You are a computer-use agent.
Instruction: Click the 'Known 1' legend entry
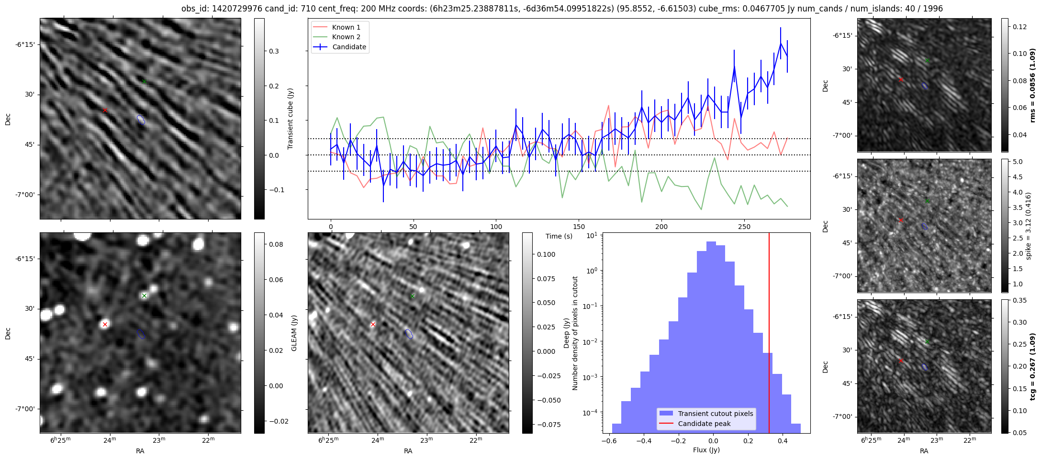coord(346,27)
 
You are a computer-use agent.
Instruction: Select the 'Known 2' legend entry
coord(346,37)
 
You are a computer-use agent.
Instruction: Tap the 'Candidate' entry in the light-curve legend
coord(349,47)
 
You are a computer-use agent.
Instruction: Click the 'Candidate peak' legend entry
coord(704,424)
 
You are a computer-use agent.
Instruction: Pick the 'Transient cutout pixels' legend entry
coord(715,414)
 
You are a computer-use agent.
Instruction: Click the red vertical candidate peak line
coord(769,335)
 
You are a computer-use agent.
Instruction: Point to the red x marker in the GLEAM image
coord(105,324)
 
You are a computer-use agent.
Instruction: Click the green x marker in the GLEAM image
coord(144,295)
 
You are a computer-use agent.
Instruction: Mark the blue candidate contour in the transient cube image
coord(141,120)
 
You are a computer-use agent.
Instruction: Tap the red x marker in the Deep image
coord(373,324)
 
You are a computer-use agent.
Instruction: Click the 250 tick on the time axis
coord(744,227)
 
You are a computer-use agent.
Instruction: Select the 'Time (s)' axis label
coord(559,236)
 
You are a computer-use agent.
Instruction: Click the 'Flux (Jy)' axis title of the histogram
coord(706,450)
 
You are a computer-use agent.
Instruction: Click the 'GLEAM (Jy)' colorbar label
coord(294,333)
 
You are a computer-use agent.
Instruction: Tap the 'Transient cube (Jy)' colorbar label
coord(291,119)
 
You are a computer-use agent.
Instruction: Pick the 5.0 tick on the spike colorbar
coord(1018,162)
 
